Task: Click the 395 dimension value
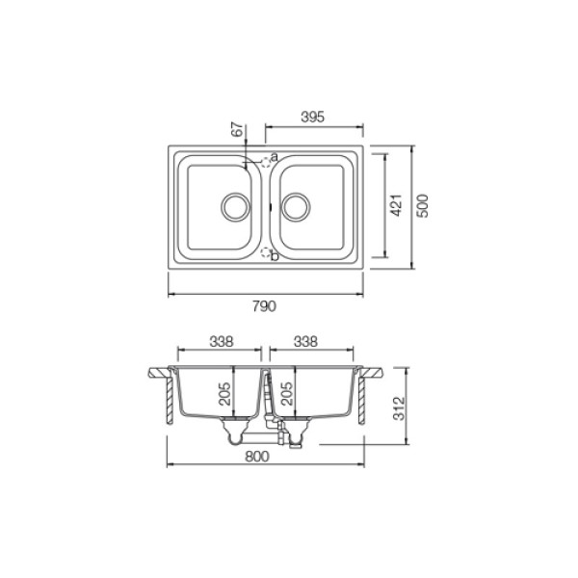312,117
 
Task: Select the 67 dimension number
239,129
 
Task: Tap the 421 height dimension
396,205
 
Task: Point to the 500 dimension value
423,206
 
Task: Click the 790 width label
264,306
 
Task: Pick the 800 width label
257,457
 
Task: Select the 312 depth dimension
399,408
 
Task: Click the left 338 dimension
222,342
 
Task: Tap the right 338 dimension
305,342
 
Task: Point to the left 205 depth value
224,394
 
